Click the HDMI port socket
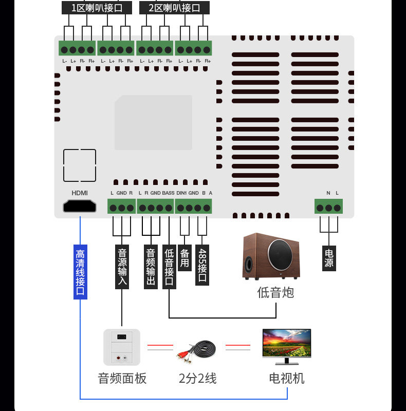point(80,206)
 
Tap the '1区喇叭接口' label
point(97,8)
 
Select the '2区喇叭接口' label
point(174,8)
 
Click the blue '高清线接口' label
point(80,272)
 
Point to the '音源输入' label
point(122,267)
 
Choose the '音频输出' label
point(151,267)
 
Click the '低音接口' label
point(169,267)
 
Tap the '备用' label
point(184,258)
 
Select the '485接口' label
point(202,265)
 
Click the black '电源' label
point(329,258)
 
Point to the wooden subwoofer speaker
point(271,256)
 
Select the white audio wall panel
point(122,347)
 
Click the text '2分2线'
point(198,379)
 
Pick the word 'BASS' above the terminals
point(168,193)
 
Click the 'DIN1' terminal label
point(181,193)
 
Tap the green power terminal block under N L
point(328,207)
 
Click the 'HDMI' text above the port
point(80,193)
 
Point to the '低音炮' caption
point(275,292)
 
